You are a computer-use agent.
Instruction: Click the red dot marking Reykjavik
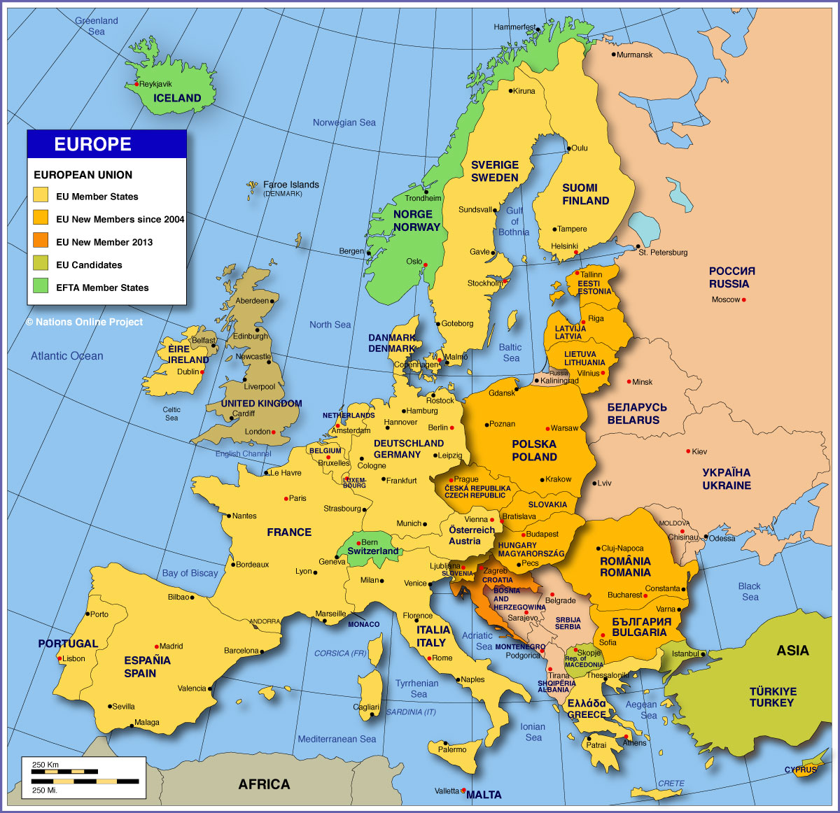point(136,85)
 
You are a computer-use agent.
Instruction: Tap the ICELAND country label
point(177,99)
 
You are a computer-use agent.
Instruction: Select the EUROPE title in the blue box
point(93,144)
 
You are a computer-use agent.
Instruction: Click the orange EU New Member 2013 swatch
point(41,241)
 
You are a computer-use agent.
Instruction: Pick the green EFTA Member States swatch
point(41,286)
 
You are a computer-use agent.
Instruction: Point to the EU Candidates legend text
point(89,265)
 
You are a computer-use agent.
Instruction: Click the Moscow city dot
point(744,300)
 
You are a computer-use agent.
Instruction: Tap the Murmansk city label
point(635,55)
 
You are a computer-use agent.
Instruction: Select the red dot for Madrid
point(156,646)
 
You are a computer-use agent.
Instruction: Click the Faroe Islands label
point(290,185)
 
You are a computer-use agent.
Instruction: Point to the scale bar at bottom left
point(85,777)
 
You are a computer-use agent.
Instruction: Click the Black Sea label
point(750,591)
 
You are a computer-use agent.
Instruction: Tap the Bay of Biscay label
point(190,573)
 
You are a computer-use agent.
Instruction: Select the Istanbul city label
point(685,654)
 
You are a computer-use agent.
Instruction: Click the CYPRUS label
point(800,770)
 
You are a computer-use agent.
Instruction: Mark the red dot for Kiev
point(688,451)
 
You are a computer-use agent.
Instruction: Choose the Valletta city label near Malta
point(447,791)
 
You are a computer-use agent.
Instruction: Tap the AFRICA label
point(264,784)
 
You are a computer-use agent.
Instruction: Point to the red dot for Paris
point(286,499)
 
